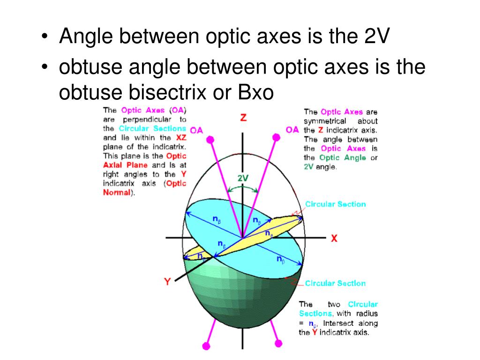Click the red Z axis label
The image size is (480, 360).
click(243, 117)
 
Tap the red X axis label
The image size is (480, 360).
click(334, 238)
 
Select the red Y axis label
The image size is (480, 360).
click(167, 282)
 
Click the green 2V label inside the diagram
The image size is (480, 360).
click(243, 178)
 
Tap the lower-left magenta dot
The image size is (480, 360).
click(205, 346)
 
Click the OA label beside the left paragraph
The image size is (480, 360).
click(197, 130)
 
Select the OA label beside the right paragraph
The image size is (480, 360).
click(292, 129)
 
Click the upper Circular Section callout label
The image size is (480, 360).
click(336, 204)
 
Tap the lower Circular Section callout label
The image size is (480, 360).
click(335, 283)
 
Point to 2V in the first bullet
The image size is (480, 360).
click(375, 37)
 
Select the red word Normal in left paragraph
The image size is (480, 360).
click(116, 193)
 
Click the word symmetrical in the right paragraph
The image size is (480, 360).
click(325, 121)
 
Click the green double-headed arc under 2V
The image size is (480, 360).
click(243, 189)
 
